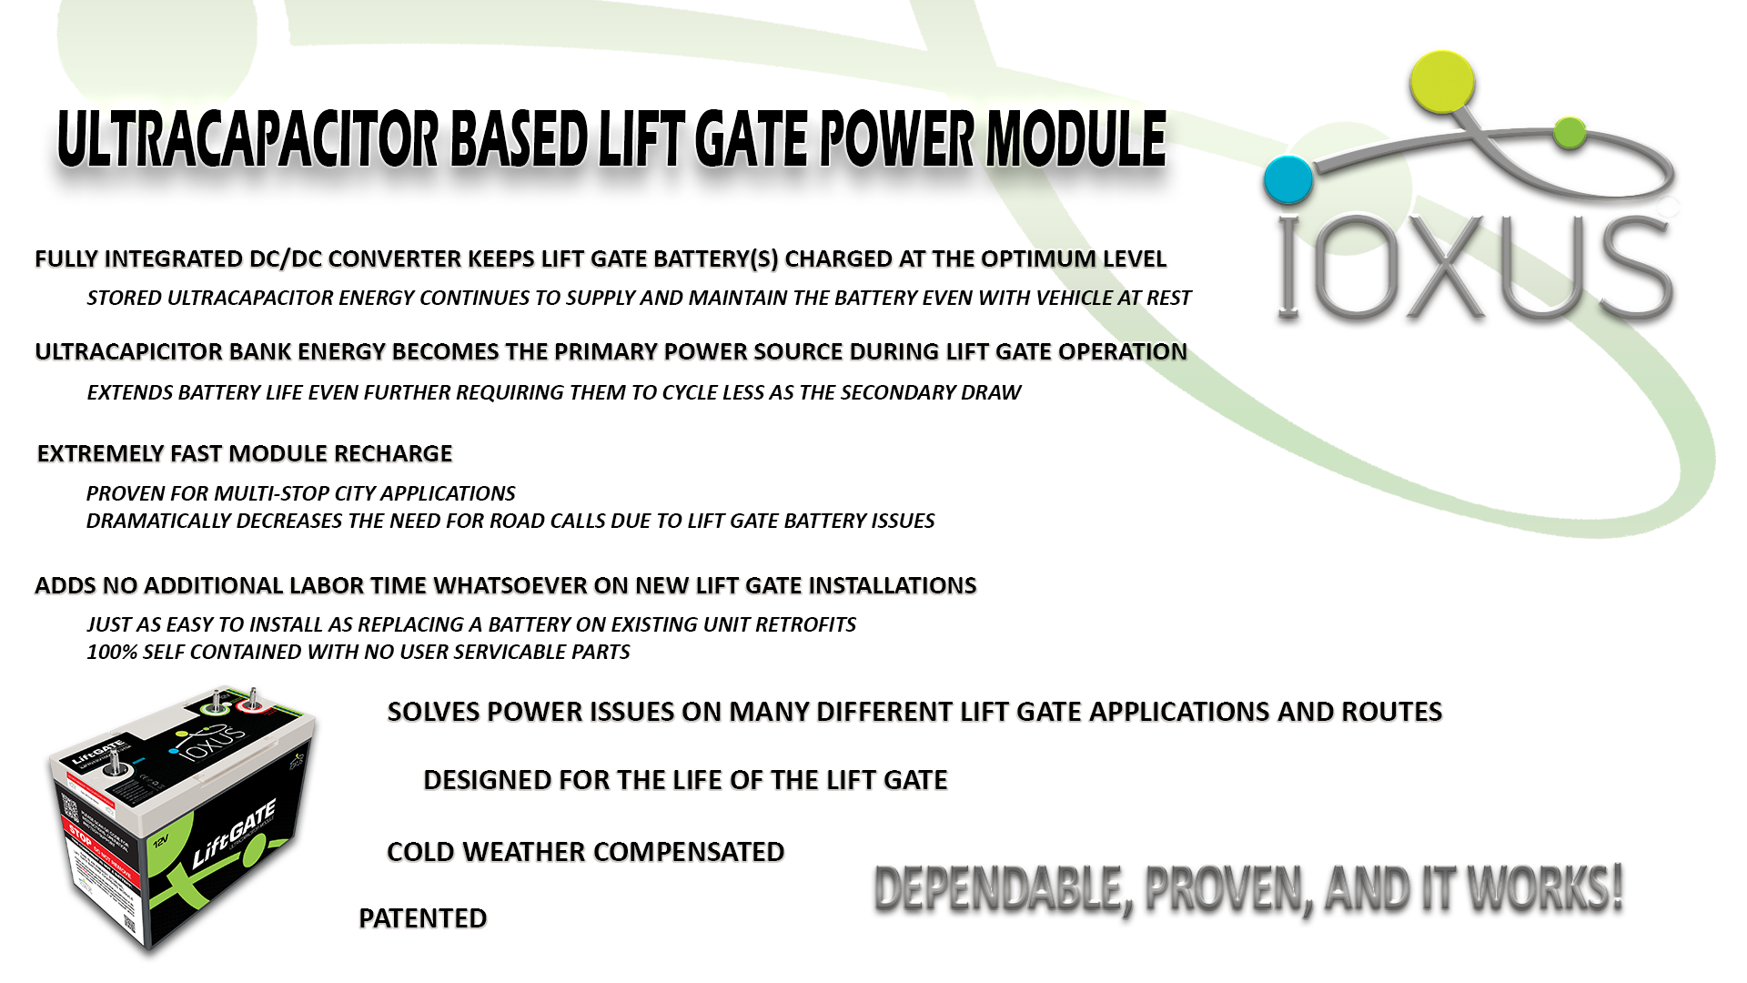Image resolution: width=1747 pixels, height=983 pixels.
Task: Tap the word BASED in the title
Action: pos(517,139)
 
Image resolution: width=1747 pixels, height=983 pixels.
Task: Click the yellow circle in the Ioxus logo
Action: pos(1442,82)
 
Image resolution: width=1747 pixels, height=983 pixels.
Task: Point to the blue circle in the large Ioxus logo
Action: pos(1288,180)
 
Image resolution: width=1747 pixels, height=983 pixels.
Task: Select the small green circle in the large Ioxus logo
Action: pos(1570,133)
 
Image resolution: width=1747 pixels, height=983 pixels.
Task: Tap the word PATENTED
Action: pos(422,918)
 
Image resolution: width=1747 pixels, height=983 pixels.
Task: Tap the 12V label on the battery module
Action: pos(160,841)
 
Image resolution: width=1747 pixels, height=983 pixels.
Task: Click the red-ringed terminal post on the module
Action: pos(250,702)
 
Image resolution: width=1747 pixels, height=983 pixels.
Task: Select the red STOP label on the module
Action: pos(78,833)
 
